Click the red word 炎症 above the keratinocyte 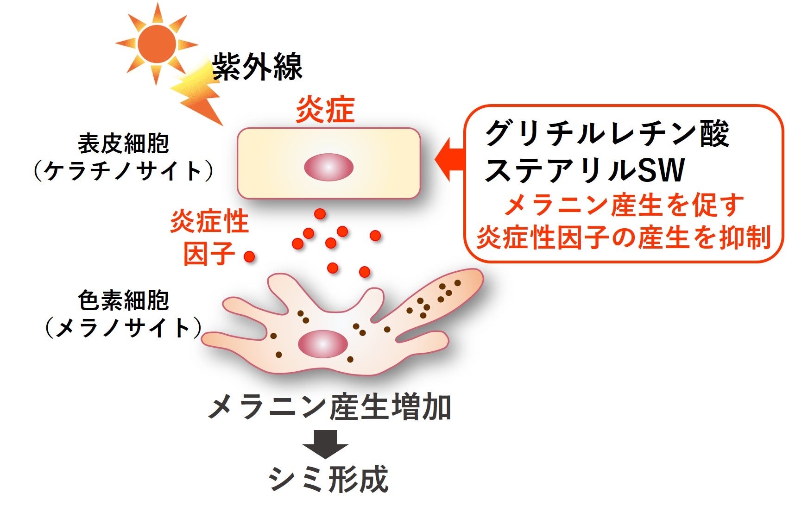[325, 110]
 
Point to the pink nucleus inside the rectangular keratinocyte [328, 167]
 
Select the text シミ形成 [328, 480]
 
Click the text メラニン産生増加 [329, 408]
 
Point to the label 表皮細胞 [124, 143]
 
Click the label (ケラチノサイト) [124, 171]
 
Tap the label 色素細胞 [124, 300]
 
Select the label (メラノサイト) [124, 328]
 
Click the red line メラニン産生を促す [624, 206]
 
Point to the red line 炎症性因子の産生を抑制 [624, 238]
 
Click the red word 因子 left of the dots [209, 254]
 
